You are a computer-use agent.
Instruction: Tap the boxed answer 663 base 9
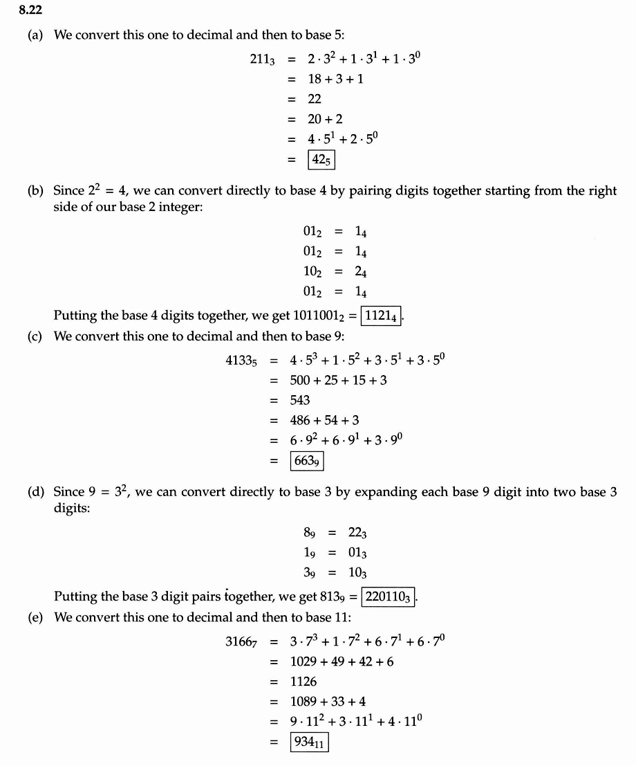pyautogui.click(x=306, y=460)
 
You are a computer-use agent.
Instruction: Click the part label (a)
pyautogui.click(x=35, y=35)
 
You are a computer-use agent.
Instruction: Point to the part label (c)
pyautogui.click(x=35, y=336)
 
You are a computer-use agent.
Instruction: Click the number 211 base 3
pyautogui.click(x=262, y=60)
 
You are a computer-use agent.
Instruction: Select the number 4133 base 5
pyautogui.click(x=241, y=361)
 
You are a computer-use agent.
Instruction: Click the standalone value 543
pyautogui.click(x=300, y=400)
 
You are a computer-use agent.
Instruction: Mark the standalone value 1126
pyautogui.click(x=303, y=681)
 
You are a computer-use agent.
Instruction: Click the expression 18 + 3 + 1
pyautogui.click(x=336, y=79)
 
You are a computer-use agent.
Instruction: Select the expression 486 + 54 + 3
pyautogui.click(x=324, y=420)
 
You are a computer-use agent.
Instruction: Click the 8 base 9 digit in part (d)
pyautogui.click(x=310, y=533)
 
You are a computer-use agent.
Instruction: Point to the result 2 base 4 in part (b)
pyautogui.click(x=361, y=272)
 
